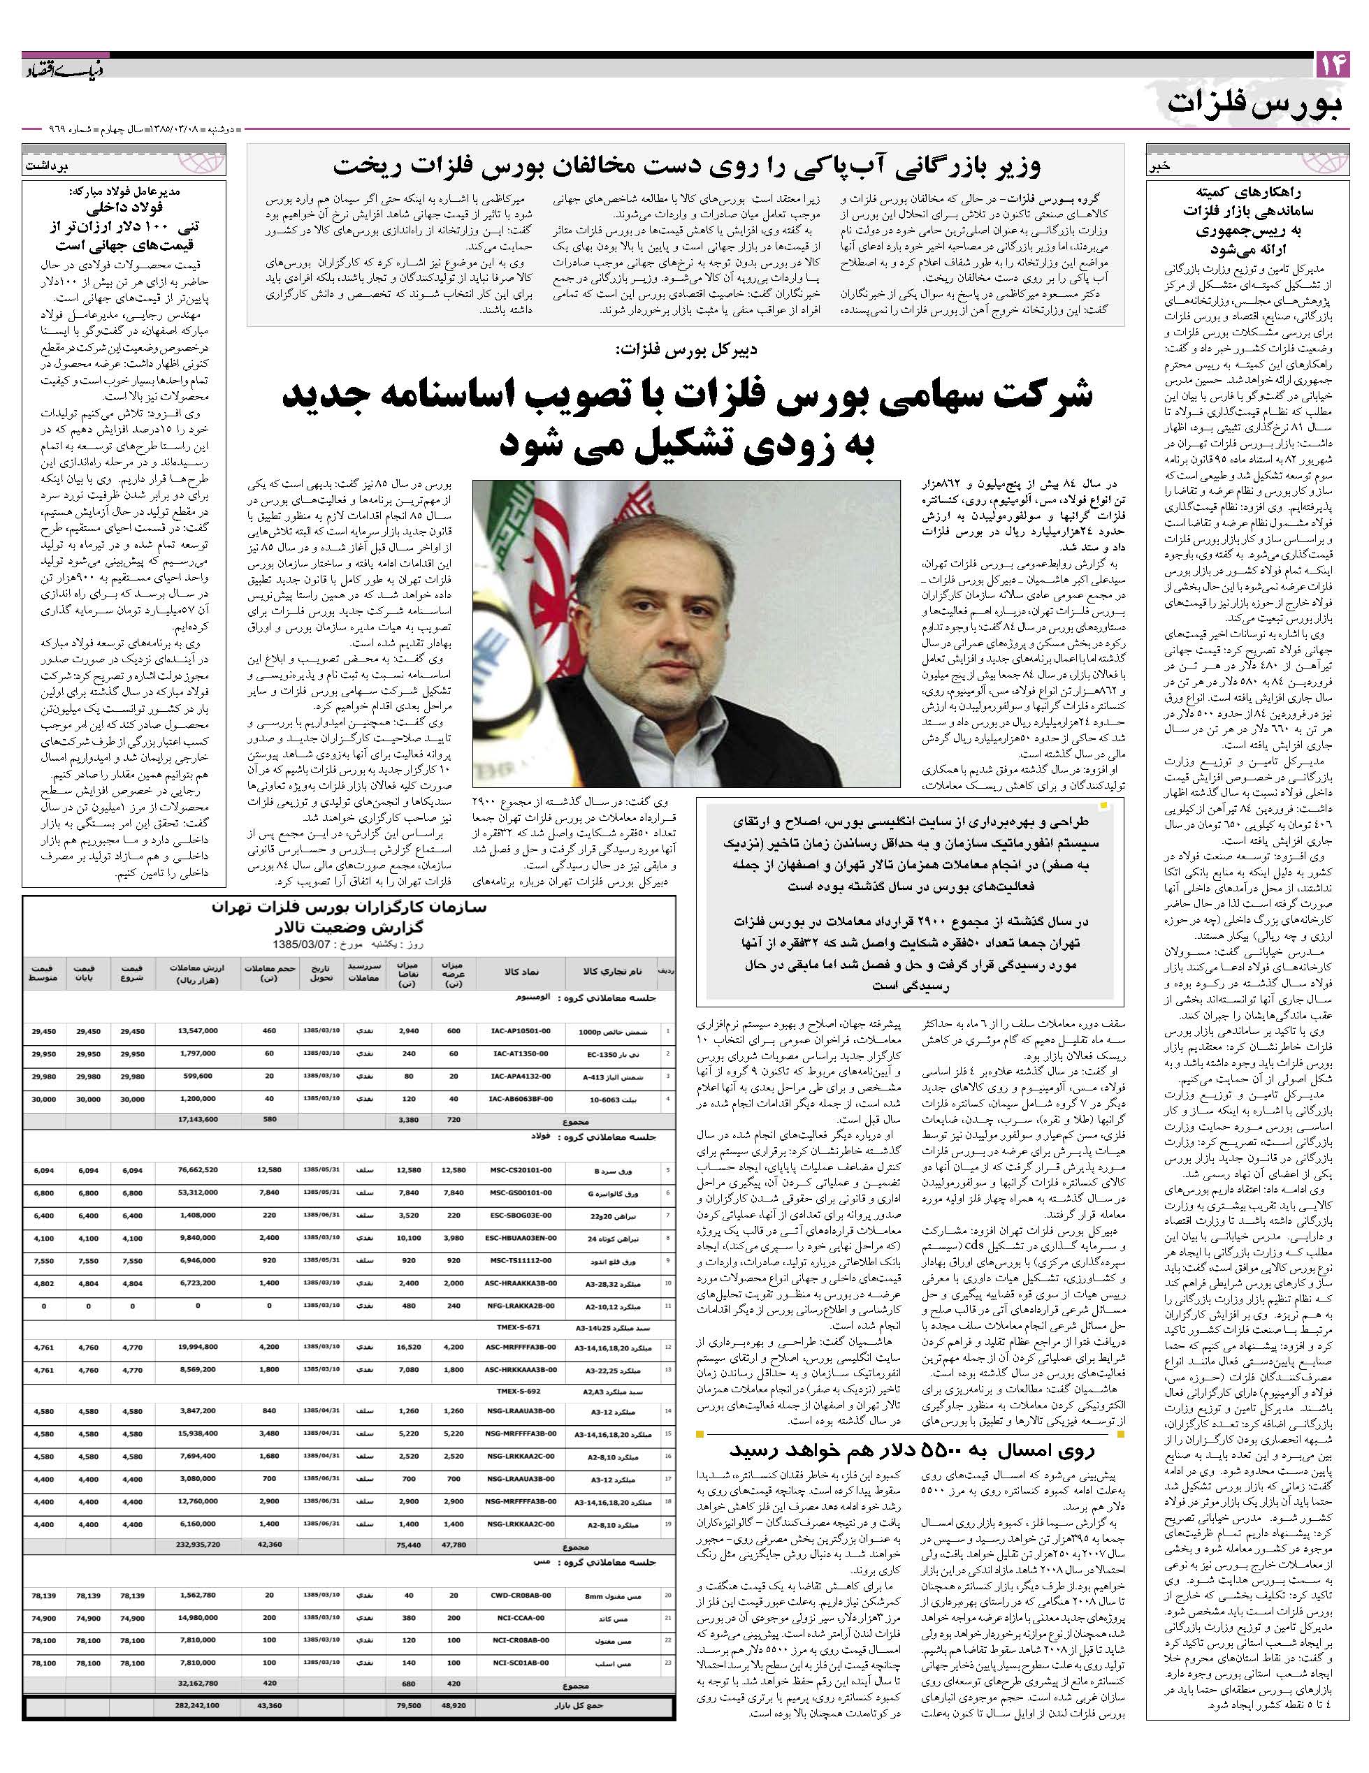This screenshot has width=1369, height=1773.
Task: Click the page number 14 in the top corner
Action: pyautogui.click(x=1332, y=65)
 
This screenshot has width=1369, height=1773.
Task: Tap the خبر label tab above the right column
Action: pyautogui.click(x=1159, y=167)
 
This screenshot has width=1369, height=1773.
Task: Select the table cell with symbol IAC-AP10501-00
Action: pyautogui.click(x=520, y=1031)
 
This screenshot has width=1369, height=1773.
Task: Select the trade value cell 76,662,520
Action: pyautogui.click(x=196, y=1170)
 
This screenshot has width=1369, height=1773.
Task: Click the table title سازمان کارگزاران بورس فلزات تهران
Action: pyautogui.click(x=349, y=907)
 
